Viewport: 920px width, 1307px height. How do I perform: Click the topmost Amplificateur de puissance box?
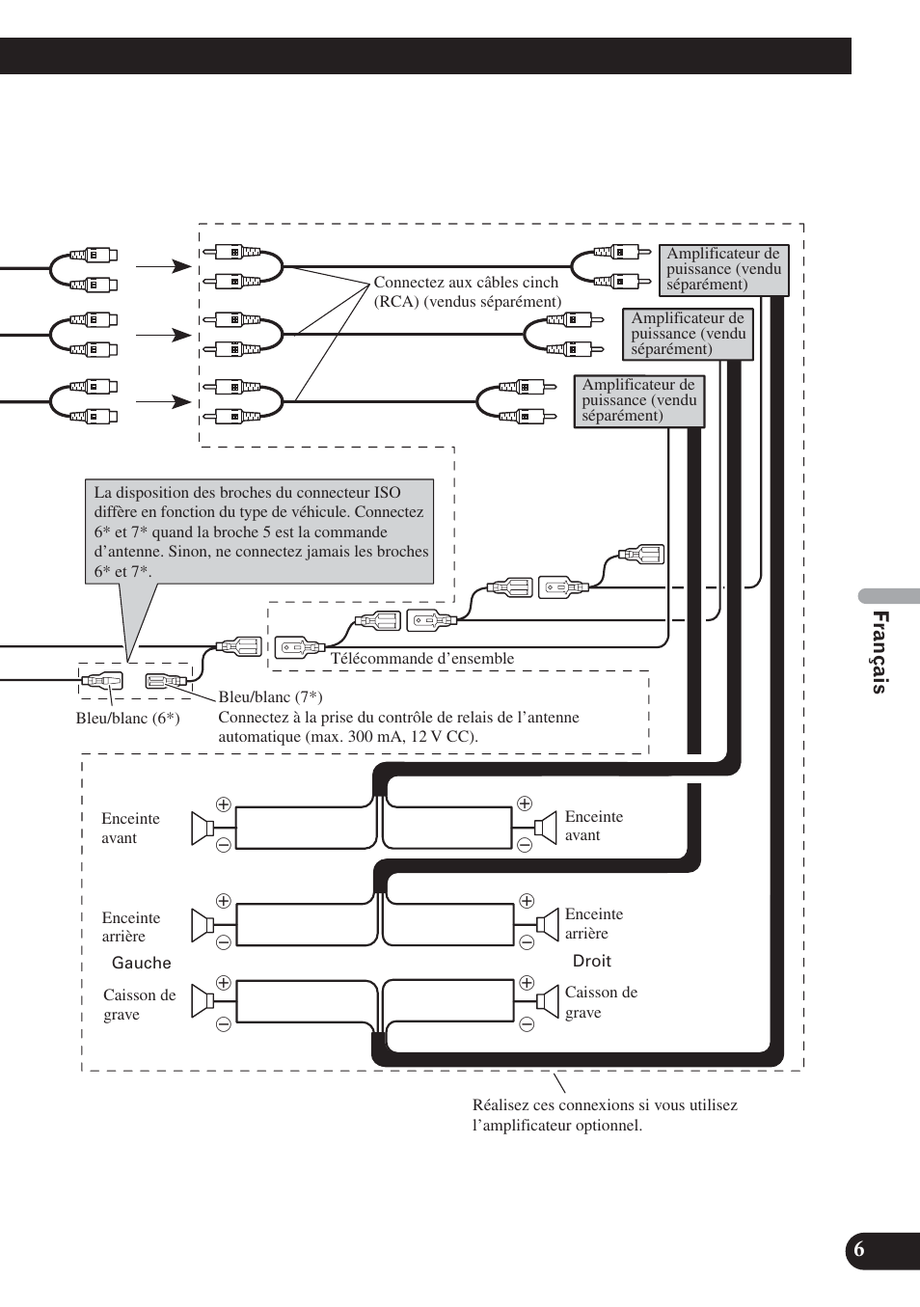pos(723,269)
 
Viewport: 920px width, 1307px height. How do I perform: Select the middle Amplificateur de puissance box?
pos(688,334)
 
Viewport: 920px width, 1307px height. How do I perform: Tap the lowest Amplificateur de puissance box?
pos(638,400)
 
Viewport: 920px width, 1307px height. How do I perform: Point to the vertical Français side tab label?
pos(879,652)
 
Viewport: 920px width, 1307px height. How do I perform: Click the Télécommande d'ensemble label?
pos(422,659)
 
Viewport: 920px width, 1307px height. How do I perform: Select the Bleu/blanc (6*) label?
pos(127,719)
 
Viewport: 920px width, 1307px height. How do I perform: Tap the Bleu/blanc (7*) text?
pos(270,696)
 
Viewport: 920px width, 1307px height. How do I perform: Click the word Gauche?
pos(142,963)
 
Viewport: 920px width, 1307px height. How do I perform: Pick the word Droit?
pos(592,961)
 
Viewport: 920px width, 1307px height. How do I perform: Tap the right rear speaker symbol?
pos(547,925)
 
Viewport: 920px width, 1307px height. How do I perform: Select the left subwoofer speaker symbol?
pos(203,1001)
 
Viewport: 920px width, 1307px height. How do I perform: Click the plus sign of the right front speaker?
pos(525,803)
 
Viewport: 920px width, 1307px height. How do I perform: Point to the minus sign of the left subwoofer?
pos(224,1024)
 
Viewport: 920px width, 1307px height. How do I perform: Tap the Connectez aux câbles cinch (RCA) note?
pos(467,291)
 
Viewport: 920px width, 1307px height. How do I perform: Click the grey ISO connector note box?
pos(258,531)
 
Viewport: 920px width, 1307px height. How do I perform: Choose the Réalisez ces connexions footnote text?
pos(605,1115)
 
